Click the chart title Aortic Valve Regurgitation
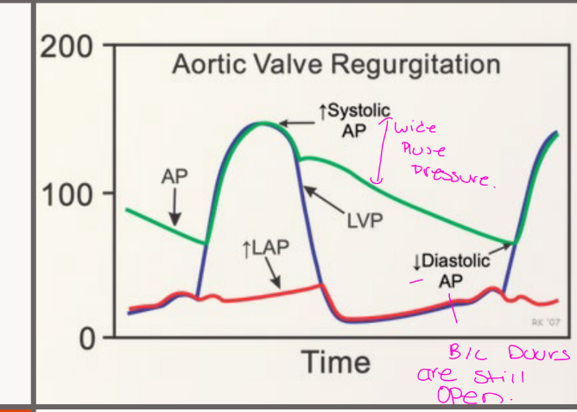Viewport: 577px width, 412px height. [336, 65]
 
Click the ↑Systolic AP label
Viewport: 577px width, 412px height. [354, 120]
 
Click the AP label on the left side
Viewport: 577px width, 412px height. [174, 175]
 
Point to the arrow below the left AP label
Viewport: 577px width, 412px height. [174, 208]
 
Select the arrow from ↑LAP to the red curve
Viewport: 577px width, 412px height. [272, 276]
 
